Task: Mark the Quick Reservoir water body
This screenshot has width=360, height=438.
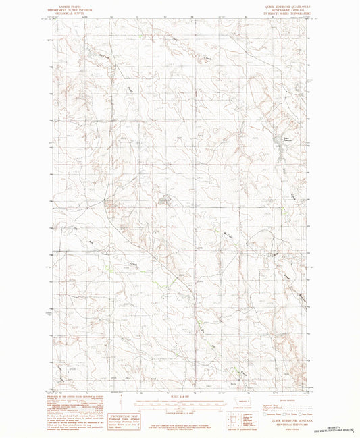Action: coord(276,142)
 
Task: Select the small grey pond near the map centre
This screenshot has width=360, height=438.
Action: coord(164,200)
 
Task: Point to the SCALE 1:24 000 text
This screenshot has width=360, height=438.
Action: coord(180,395)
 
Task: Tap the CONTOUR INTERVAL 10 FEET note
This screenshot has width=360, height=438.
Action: coord(180,410)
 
